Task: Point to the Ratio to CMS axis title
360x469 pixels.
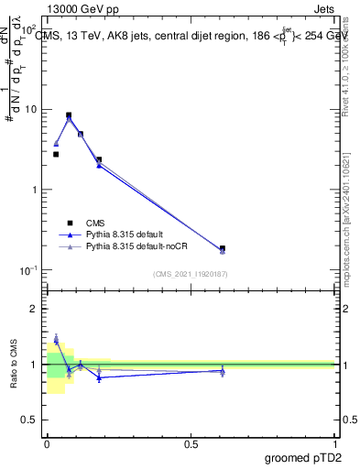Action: pos(15,364)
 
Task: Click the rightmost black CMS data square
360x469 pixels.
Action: pos(223,248)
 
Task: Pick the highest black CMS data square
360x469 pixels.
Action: pos(69,115)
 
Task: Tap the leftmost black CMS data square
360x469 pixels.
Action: pos(56,154)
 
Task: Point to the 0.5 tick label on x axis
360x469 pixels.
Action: pos(191,443)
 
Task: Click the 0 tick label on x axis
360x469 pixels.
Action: pos(47,443)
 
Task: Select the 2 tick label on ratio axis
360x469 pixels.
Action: pos(35,310)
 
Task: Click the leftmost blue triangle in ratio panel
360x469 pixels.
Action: pos(56,340)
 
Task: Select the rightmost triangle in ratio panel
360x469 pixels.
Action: pos(223,371)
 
